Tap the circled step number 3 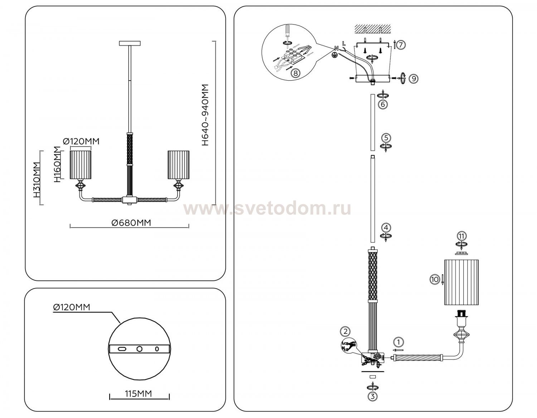click(373, 397)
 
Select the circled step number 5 click(386, 138)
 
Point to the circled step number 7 click(401, 45)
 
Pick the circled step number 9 click(413, 78)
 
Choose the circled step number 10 click(435, 279)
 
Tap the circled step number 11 click(462, 236)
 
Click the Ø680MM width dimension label click(131, 223)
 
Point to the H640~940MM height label click(204, 115)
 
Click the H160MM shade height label click(57, 164)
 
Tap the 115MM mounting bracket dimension click(138, 394)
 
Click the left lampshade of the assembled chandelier click(81, 164)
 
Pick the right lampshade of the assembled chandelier click(178, 164)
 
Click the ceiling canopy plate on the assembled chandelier click(130, 43)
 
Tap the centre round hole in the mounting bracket click(140, 349)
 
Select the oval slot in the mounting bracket click(122, 349)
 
